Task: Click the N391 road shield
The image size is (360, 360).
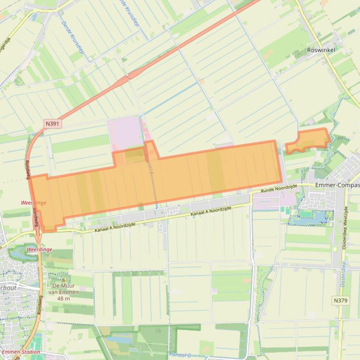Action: (x=52, y=123)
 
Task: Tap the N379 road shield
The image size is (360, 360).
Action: (x=341, y=300)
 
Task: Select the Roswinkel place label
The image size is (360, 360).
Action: (x=321, y=50)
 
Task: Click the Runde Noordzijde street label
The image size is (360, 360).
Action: (x=279, y=188)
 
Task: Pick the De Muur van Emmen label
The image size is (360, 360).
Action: (x=64, y=289)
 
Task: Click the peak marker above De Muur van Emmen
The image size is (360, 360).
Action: (x=64, y=280)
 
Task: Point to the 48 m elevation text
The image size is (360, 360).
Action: (x=64, y=299)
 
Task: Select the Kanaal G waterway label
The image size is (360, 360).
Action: (x=180, y=355)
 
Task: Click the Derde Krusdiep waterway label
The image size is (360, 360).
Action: (x=73, y=37)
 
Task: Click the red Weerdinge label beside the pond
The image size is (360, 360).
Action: (x=39, y=250)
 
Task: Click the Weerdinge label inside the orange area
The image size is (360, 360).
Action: (x=33, y=202)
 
